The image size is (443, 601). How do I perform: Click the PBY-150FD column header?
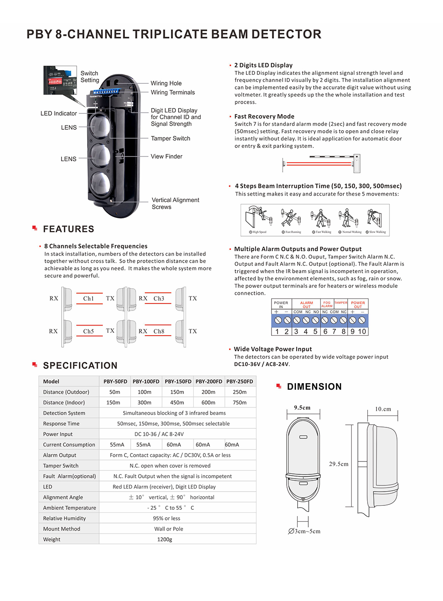click(x=178, y=381)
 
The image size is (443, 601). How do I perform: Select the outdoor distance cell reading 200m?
click(x=208, y=392)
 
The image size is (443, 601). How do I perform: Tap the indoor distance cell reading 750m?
click(x=240, y=403)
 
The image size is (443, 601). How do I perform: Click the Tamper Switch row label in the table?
click(x=61, y=466)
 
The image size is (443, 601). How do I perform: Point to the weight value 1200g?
click(x=165, y=539)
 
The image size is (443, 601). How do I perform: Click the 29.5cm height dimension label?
click(x=338, y=464)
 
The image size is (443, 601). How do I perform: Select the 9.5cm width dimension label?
click(x=302, y=408)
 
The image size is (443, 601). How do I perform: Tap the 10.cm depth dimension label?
click(x=383, y=409)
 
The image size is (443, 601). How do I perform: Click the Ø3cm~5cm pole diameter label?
click(x=304, y=531)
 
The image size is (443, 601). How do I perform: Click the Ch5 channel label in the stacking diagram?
click(x=89, y=331)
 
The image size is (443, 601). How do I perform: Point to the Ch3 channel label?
click(x=159, y=299)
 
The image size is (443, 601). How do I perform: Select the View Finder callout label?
click(x=166, y=156)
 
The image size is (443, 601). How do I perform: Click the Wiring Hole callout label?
click(x=166, y=83)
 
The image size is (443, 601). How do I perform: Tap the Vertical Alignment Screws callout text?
click(x=175, y=203)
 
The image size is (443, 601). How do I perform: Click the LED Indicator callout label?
click(x=58, y=113)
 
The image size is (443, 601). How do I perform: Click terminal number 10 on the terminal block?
click(x=362, y=331)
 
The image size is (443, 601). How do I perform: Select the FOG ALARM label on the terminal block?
click(x=327, y=304)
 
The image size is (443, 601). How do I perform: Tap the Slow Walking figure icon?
click(x=374, y=219)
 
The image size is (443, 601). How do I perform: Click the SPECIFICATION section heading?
click(x=80, y=365)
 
